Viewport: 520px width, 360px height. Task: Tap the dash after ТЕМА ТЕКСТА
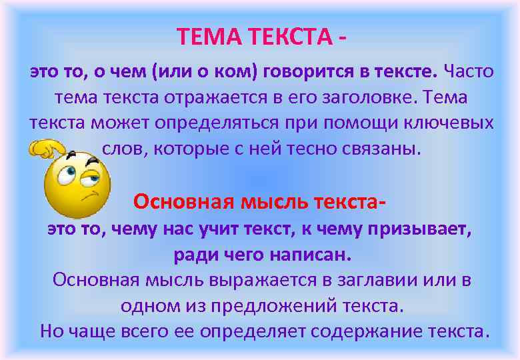(342, 36)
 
